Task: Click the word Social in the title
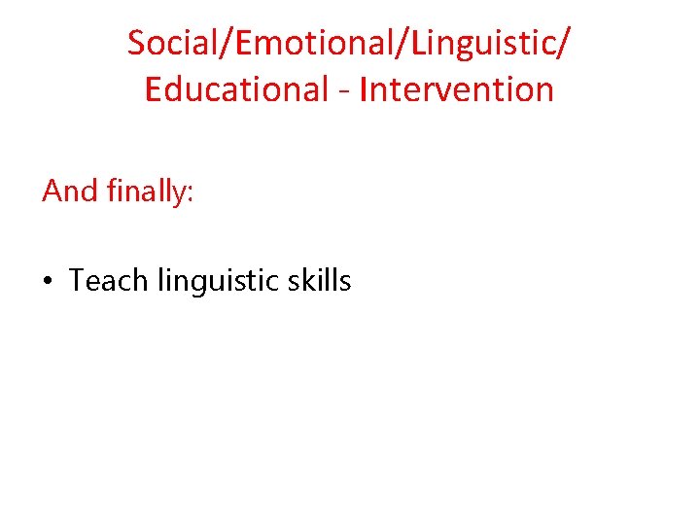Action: click(168, 43)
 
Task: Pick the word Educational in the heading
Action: click(236, 89)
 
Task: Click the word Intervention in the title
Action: click(456, 89)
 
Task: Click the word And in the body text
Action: click(70, 191)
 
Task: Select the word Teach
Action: click(108, 281)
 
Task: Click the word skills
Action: click(320, 281)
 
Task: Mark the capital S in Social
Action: click(136, 43)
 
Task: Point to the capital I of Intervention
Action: click(364, 89)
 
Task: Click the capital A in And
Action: click(52, 191)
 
